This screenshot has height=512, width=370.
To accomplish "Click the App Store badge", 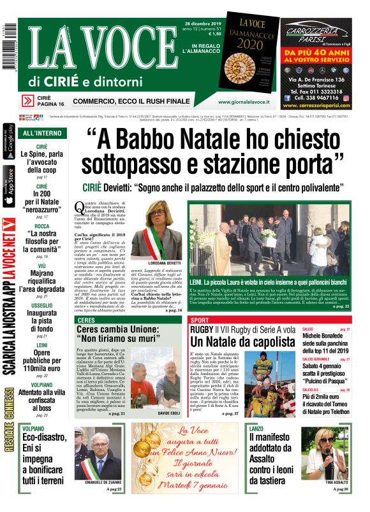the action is coord(9,186).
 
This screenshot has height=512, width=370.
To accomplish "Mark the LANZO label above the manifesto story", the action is coord(256,430).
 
